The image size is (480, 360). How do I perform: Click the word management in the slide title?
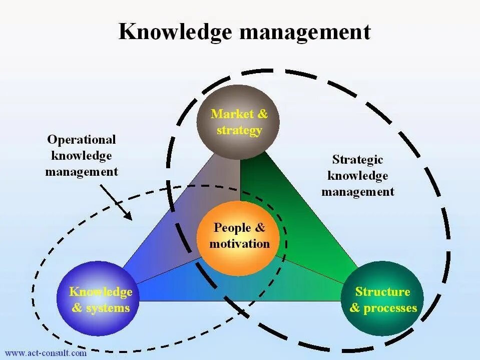pyautogui.click(x=305, y=32)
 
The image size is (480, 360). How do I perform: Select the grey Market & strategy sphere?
pyautogui.click(x=238, y=122)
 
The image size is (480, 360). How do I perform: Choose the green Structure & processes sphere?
pyautogui.click(x=382, y=299)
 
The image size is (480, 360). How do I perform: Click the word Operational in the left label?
pyautogui.click(x=81, y=140)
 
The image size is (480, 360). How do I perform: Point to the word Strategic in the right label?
pyautogui.click(x=357, y=160)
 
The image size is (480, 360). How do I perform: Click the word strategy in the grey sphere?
pyautogui.click(x=239, y=131)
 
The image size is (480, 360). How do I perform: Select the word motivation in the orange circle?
pyautogui.click(x=240, y=244)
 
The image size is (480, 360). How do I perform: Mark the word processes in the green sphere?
pyautogui.click(x=390, y=308)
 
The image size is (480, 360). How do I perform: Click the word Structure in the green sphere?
pyautogui.click(x=382, y=291)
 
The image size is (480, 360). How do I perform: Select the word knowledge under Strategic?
pyautogui.click(x=357, y=176)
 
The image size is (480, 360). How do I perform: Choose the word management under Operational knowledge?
pyautogui.click(x=82, y=172)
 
